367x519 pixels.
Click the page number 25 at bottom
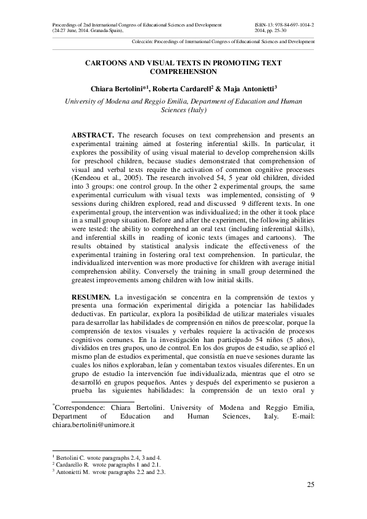[310, 485]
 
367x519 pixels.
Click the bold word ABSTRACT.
[93, 134]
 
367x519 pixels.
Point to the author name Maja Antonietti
[252, 88]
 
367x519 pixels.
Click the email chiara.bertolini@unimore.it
[93, 425]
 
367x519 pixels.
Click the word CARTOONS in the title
[109, 63]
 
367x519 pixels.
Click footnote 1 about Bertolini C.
[107, 459]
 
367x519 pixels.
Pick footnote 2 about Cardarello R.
[105, 465]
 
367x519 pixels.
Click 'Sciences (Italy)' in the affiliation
[183, 110]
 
